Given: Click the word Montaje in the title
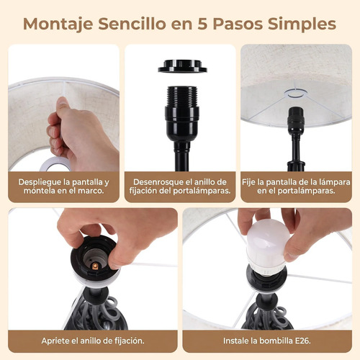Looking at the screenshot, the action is click(58, 24).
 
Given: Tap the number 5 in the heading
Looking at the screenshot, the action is click(202, 24).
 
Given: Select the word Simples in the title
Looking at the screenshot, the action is click(302, 24).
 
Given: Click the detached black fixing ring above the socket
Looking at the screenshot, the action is click(182, 66).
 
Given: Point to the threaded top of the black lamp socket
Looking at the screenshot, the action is click(182, 96).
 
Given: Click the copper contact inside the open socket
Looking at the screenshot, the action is click(95, 266).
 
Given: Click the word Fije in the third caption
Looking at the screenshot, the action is click(248, 182).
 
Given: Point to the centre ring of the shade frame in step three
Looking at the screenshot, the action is click(296, 93).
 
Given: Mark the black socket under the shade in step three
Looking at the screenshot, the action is click(296, 120).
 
